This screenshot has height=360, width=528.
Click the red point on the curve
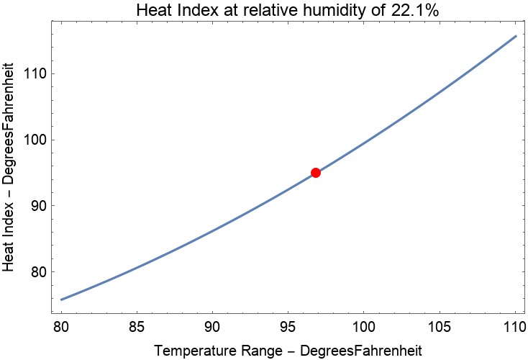315,173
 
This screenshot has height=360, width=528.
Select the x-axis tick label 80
61,326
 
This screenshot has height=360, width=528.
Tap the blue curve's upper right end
516,36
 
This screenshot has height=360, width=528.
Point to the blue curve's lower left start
61,300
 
